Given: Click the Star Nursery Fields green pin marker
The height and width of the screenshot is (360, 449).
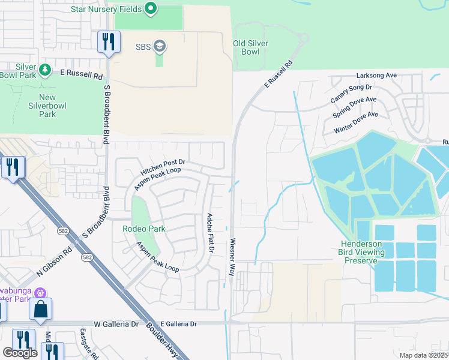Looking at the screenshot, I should (x=151, y=9).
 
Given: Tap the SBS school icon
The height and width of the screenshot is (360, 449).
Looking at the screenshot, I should (x=160, y=46).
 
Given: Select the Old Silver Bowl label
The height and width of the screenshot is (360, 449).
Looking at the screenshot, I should (x=250, y=47).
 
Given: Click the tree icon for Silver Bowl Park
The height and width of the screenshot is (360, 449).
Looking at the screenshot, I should (x=45, y=70).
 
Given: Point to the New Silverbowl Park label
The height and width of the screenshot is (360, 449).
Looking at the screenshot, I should (x=47, y=106).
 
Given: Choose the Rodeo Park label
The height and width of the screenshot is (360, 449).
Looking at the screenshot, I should (x=143, y=229).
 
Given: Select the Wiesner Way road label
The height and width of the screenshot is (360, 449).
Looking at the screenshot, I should (x=232, y=258).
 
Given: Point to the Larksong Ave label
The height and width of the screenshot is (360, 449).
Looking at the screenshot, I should (x=376, y=75).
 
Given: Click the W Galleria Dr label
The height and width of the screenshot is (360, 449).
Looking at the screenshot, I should (x=116, y=324).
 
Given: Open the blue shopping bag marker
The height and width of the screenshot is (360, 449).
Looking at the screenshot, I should (x=41, y=309).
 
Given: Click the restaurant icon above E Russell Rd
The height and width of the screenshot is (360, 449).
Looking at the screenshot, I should (x=109, y=41).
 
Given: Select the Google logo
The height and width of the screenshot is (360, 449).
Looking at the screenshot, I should (x=20, y=353).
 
